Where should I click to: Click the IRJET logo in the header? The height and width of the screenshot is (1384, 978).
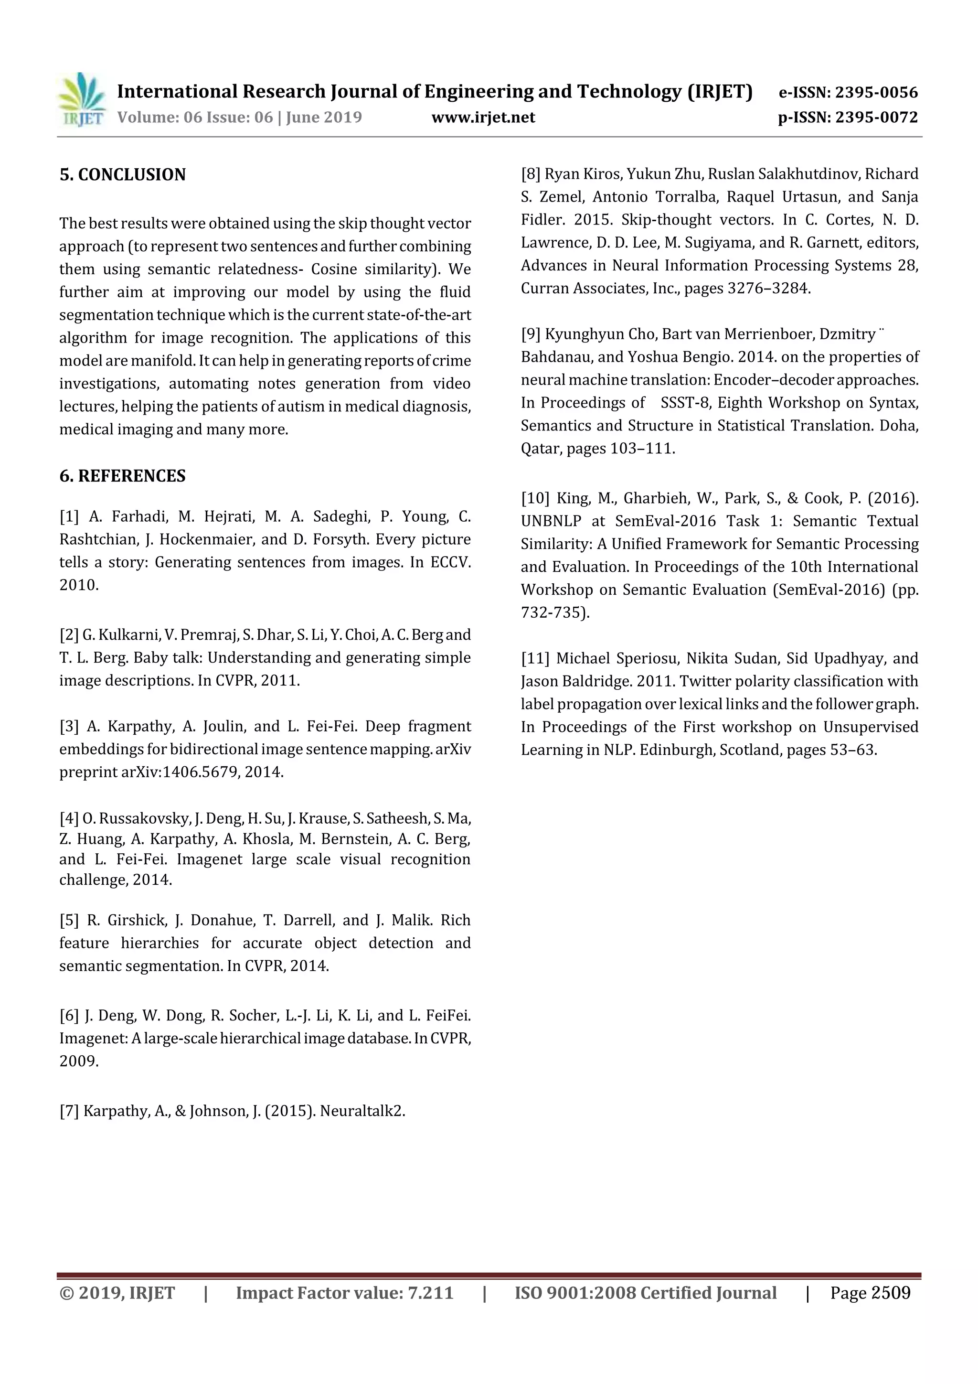81,99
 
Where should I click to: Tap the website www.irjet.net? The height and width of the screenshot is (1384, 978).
483,118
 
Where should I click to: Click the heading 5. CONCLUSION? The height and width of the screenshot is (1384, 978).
122,175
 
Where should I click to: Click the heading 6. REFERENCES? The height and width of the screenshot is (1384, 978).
122,476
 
